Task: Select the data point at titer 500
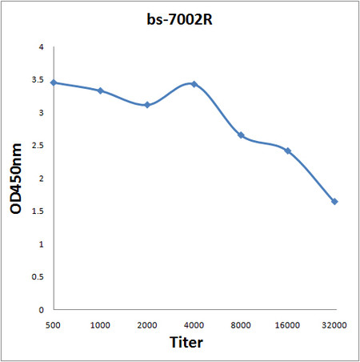[x=54, y=82]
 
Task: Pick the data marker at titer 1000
[x=100, y=90]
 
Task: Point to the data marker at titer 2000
[x=147, y=105]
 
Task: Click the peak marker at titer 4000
[x=194, y=84]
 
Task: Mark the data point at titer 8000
[x=241, y=135]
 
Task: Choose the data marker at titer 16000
[x=287, y=151]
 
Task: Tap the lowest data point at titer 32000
[x=334, y=202]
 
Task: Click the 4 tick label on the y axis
[x=40, y=47]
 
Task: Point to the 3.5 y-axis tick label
[x=37, y=80]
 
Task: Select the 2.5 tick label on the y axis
[x=37, y=146]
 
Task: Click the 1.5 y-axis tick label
[x=37, y=211]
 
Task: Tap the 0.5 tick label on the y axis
[x=37, y=276]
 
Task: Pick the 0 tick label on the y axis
[x=40, y=309]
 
